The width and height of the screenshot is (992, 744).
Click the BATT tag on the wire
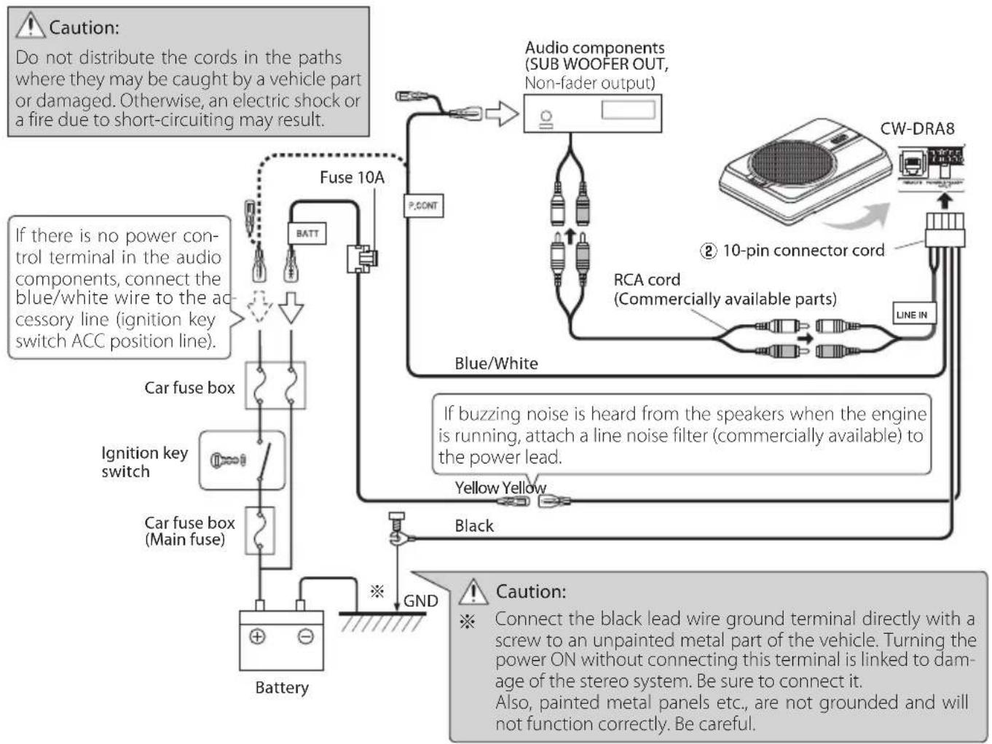(x=307, y=234)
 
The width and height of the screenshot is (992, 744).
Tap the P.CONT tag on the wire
(x=423, y=205)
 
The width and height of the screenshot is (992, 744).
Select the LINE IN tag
(x=912, y=314)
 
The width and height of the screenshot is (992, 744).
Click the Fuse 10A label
(x=352, y=178)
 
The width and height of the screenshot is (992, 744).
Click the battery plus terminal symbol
(x=257, y=636)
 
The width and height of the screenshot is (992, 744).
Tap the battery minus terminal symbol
(x=306, y=636)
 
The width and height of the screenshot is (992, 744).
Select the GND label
(x=420, y=601)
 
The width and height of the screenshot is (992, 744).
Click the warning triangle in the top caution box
(x=31, y=26)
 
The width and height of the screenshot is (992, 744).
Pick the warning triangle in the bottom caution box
(x=473, y=590)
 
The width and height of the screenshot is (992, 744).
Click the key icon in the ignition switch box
(x=228, y=460)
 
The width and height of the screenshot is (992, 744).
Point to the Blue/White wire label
(x=496, y=363)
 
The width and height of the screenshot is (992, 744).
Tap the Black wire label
(x=473, y=525)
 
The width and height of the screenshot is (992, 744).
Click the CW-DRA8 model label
(x=917, y=129)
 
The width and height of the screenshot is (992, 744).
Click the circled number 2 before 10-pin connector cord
(x=708, y=251)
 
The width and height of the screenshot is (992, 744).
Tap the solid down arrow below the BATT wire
(x=291, y=308)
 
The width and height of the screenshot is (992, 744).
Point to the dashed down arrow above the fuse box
(x=259, y=308)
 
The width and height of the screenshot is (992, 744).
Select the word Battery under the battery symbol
(x=282, y=687)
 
